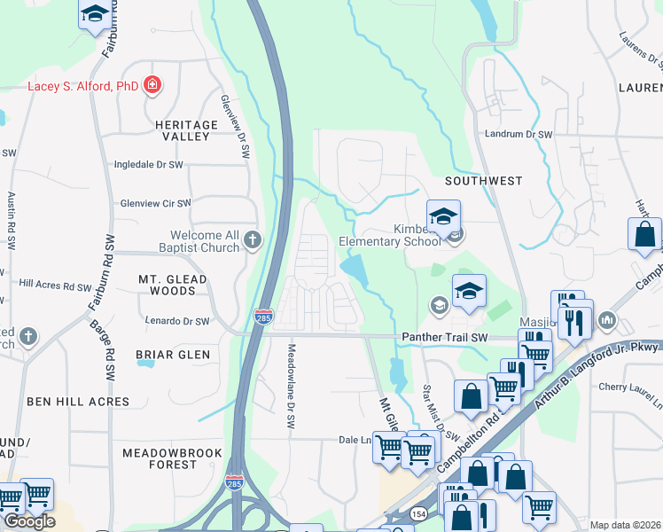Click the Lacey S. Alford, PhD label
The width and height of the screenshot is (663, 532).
coord(82,86)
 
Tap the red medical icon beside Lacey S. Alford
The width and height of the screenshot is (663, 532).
coord(152,85)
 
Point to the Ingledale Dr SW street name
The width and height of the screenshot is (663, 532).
coord(148,165)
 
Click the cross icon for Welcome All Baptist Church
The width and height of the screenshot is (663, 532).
coord(253,239)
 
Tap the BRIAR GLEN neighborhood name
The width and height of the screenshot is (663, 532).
coord(173,355)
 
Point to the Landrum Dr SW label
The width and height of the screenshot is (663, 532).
coord(519,134)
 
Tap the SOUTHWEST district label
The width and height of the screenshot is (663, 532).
coord(483,181)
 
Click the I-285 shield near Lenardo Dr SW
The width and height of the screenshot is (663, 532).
coord(262,317)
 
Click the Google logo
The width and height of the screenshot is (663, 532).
coord(29,521)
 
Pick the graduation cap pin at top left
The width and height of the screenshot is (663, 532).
coord(94,14)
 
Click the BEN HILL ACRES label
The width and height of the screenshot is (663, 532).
coord(77,402)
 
